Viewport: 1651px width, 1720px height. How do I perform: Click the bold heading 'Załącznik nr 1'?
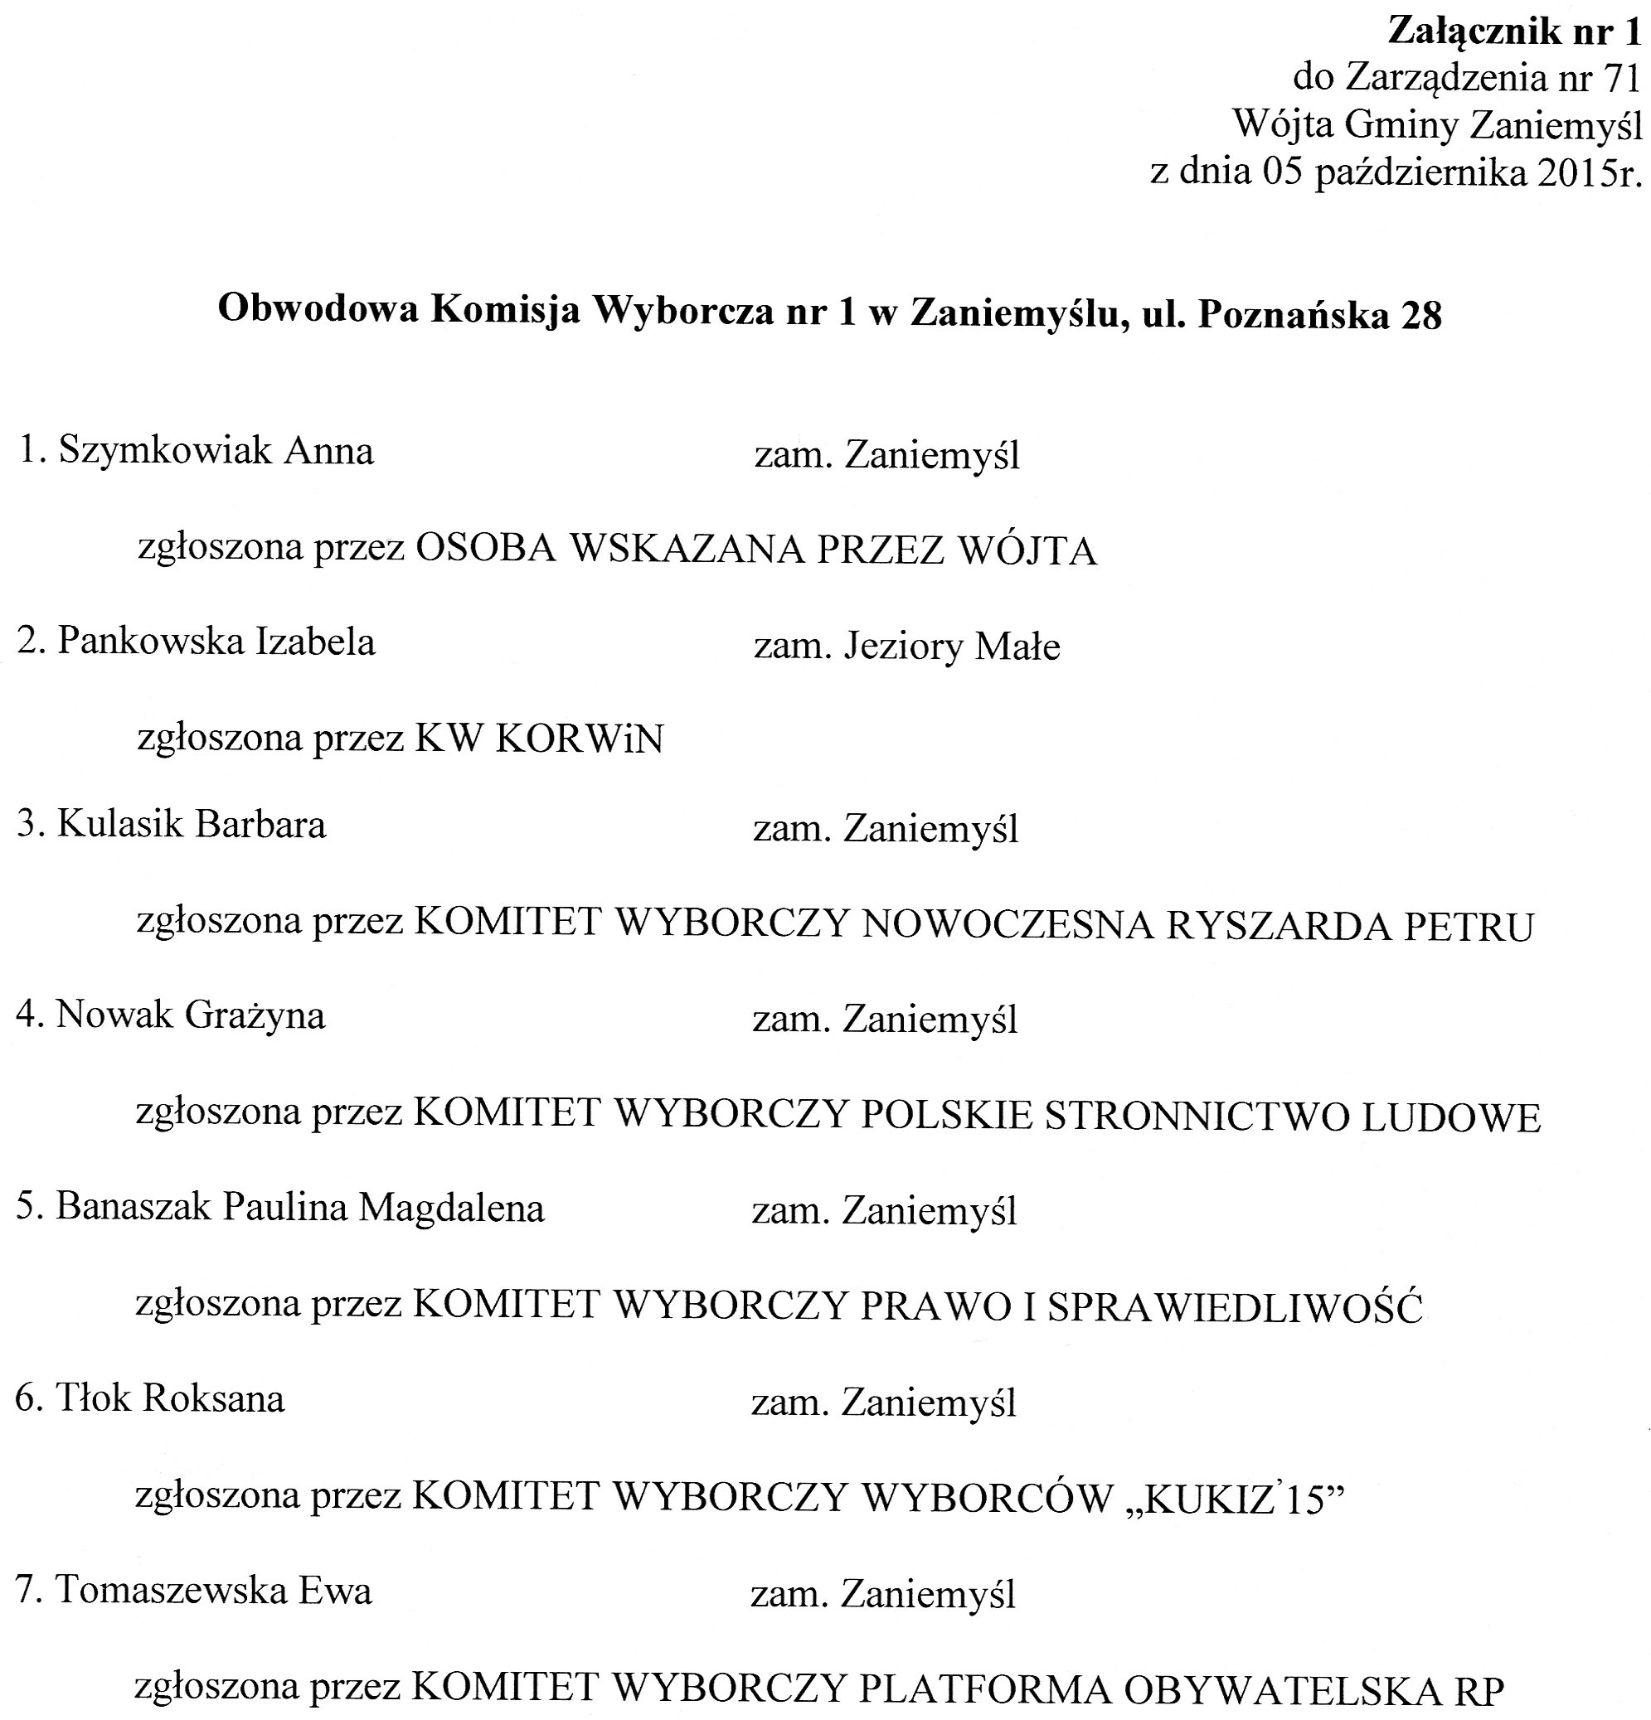1513,32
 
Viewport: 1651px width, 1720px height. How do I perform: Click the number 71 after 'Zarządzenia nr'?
1621,79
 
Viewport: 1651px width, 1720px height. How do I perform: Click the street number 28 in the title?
1420,314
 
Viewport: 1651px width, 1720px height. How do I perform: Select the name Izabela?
315,642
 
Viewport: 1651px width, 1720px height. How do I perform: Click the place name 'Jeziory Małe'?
951,647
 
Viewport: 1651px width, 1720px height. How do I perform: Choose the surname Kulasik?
121,825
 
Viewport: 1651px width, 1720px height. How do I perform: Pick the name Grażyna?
255,1016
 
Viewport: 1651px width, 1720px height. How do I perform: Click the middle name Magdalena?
451,1209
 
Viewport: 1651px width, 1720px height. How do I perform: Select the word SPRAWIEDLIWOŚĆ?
1234,1307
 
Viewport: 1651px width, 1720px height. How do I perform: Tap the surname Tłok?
94,1398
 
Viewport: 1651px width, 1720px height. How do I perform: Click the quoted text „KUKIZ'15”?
1233,1500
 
